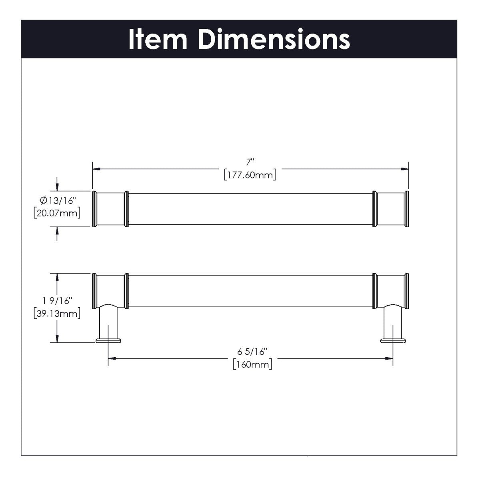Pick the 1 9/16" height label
(58, 300)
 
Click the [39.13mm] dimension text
(57, 314)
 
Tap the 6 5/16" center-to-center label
(252, 352)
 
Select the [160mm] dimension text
(252, 364)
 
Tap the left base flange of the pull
(108, 341)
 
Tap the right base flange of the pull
(392, 341)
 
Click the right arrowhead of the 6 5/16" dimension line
(388, 359)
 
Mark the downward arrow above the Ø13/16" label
(58, 186)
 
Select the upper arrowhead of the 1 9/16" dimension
(58, 277)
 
